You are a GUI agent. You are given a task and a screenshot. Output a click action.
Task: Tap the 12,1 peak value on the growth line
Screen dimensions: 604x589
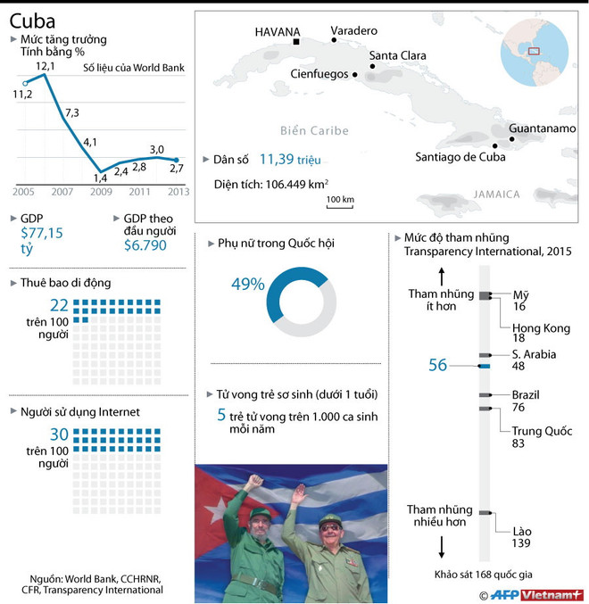click(x=46, y=66)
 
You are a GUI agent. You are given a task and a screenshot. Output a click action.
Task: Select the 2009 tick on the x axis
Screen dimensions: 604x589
click(x=99, y=192)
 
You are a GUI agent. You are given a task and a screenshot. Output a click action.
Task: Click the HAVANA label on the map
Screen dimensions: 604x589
click(x=278, y=31)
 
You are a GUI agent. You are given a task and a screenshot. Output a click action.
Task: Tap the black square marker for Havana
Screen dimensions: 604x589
click(x=296, y=42)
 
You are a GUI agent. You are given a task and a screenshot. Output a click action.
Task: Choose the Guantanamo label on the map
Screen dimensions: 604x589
click(x=542, y=128)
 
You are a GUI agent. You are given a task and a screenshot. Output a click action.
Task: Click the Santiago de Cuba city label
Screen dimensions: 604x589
click(x=460, y=157)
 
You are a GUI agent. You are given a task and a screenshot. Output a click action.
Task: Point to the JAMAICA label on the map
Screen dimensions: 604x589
click(x=496, y=194)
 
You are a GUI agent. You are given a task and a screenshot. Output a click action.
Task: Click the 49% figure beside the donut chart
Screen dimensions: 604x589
click(x=247, y=285)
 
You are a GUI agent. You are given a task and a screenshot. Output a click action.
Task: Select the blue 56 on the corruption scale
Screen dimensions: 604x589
click(x=437, y=365)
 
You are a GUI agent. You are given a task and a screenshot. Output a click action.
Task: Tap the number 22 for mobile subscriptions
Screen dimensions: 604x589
click(x=59, y=305)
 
